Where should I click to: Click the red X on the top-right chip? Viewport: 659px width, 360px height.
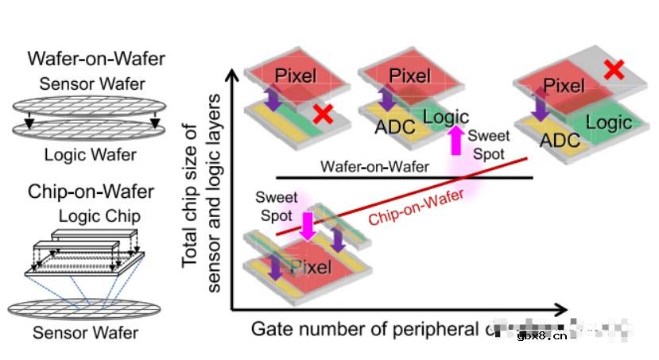[x=613, y=69]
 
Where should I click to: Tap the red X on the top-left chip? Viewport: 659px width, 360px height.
[x=322, y=115]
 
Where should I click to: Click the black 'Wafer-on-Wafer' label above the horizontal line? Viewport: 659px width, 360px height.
[x=375, y=167]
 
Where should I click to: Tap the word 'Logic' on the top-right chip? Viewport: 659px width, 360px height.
[x=609, y=122]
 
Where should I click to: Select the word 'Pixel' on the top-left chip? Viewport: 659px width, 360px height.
[x=297, y=76]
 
